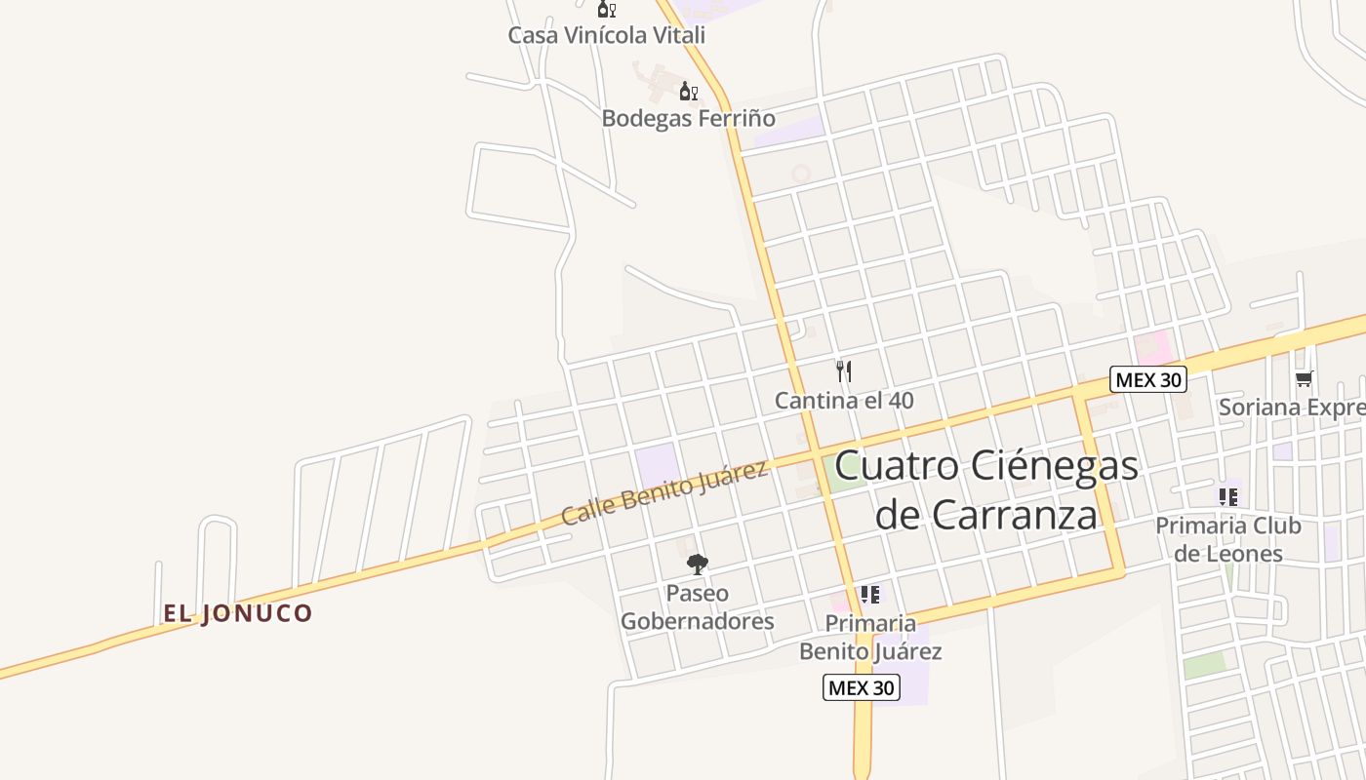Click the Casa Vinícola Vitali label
pos(606,35)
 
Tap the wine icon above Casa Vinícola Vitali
pos(606,10)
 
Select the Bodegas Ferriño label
pos(688,119)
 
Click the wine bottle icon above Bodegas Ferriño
pos(688,92)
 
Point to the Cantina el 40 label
pos(844,400)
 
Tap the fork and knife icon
pos(844,371)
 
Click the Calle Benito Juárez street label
pos(663,493)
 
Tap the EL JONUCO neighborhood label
pos(237,613)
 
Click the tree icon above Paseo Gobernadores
pos(697,564)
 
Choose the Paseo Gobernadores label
pos(697,606)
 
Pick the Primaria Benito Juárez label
pos(870,637)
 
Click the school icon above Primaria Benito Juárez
pos(870,595)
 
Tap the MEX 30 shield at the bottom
pos(860,687)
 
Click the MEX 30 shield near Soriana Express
pos(1148,380)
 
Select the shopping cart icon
pos(1304,379)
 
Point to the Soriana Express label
pos(1291,408)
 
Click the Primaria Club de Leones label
pos(1228,539)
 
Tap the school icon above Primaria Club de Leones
pos(1228,497)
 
